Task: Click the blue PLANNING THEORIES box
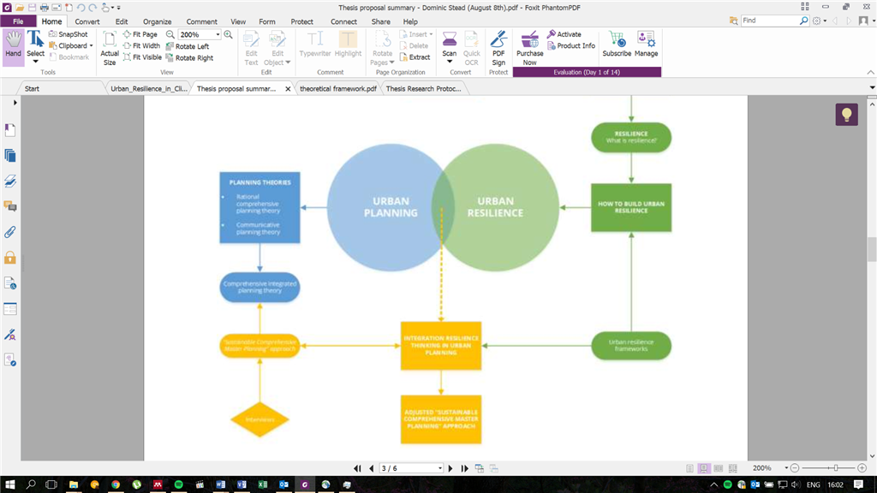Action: (260, 206)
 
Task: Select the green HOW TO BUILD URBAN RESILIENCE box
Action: (631, 207)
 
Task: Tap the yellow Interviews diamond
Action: (260, 419)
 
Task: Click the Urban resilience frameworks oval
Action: (631, 346)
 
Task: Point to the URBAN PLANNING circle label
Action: (390, 207)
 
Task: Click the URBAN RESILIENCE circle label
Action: (495, 207)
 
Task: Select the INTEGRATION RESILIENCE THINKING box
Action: (441, 346)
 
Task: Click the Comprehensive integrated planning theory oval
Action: (260, 288)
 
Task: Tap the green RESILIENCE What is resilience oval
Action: (631, 137)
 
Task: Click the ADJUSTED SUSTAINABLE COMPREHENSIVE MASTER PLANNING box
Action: (441, 419)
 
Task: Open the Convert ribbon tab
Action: (87, 21)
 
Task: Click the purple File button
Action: (18, 21)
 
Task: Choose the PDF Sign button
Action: (498, 48)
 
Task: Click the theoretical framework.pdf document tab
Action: (337, 88)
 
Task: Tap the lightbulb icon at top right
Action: (846, 115)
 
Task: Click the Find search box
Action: (769, 21)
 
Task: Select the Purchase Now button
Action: (529, 48)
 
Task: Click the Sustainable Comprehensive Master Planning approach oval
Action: (260, 346)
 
